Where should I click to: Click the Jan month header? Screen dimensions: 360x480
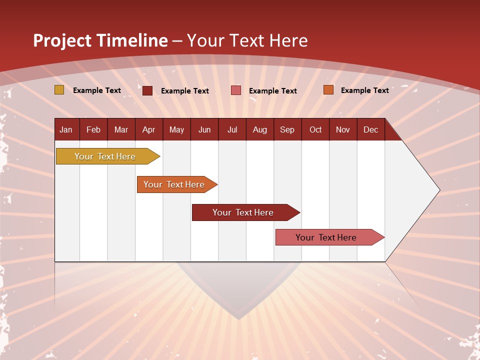[x=66, y=129]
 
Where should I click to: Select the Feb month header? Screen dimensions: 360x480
[x=93, y=129]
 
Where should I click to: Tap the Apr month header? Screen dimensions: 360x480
[x=149, y=129]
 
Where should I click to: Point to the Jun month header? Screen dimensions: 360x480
[x=204, y=129]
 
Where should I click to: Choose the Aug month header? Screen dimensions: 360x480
[x=260, y=129]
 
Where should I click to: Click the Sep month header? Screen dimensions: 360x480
[x=287, y=129]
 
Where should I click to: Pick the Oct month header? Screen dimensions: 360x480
[x=315, y=129]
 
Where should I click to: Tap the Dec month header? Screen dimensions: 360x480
[x=371, y=129]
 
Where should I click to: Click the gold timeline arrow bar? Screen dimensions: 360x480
[x=105, y=156]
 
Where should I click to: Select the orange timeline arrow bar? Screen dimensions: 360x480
[x=174, y=184]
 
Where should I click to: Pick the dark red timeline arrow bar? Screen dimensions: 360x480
[x=243, y=212]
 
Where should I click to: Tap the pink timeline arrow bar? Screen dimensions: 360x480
[x=326, y=237]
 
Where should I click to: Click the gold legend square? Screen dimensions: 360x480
[x=59, y=90]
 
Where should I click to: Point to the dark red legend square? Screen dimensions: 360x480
[x=147, y=90]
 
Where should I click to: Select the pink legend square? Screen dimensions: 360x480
[x=236, y=90]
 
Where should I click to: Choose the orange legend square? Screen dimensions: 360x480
[x=328, y=90]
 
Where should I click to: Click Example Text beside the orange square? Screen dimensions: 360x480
[x=364, y=90]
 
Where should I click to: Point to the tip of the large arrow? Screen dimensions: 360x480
[x=438, y=189]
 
